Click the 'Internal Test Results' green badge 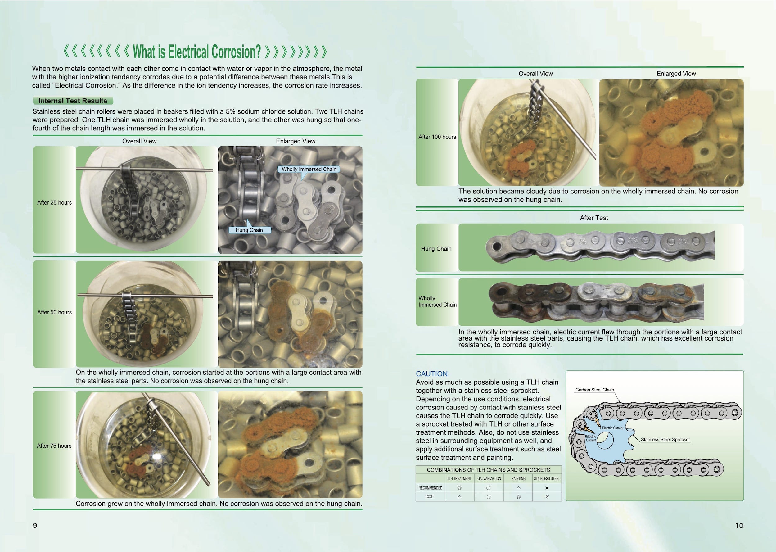pos(73,101)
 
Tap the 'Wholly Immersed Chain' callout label pos(309,169)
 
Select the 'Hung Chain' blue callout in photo pos(249,230)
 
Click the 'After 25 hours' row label pos(54,203)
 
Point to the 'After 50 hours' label pos(54,312)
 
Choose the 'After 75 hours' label pos(54,446)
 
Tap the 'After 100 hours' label pos(437,137)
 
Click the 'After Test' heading pos(593,218)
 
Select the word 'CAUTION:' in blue pos(432,374)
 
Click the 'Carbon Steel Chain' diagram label pos(594,390)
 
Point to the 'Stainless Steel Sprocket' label pos(665,440)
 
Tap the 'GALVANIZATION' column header pos(489,479)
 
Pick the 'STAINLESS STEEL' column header pos(547,479)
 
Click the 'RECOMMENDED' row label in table pos(430,488)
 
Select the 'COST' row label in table pos(430,497)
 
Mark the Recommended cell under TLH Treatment pos(459,488)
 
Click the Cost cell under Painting pos(518,497)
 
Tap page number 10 pos(739,526)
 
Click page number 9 pos(35,526)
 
